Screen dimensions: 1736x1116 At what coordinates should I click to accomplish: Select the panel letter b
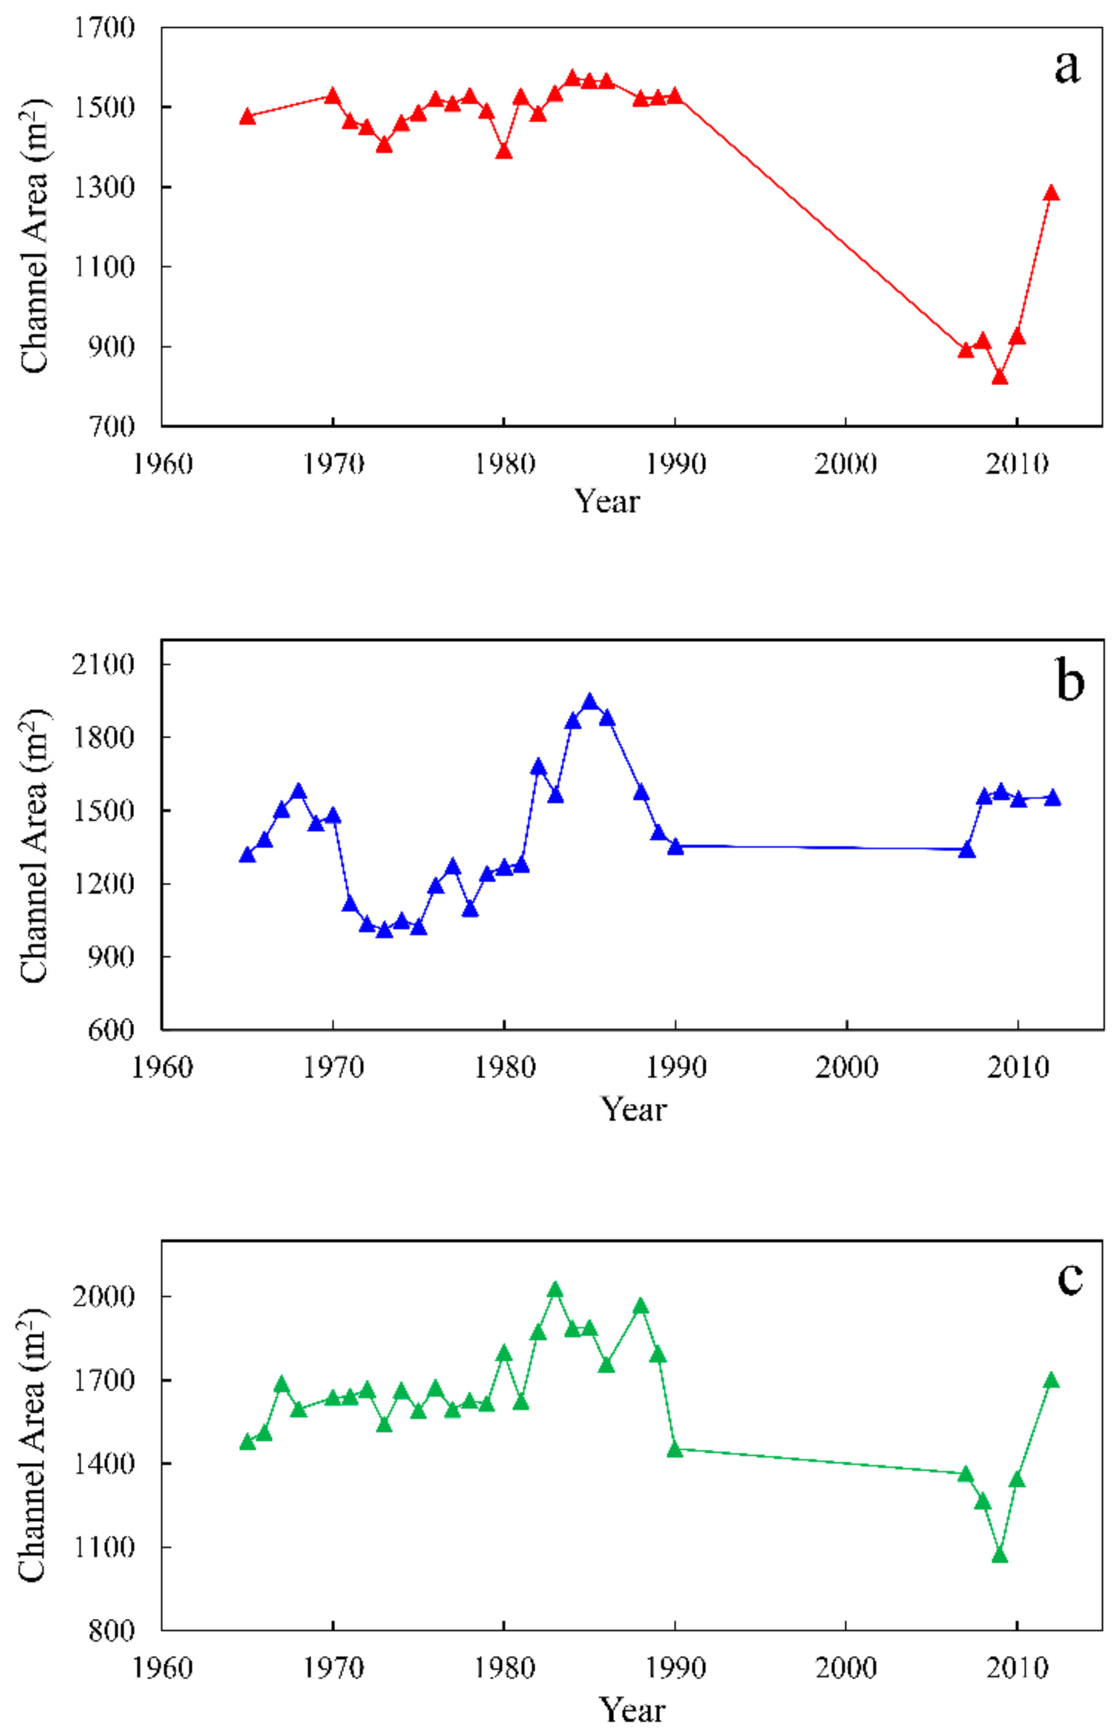tap(1070, 682)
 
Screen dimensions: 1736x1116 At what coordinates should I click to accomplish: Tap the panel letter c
tap(1070, 1279)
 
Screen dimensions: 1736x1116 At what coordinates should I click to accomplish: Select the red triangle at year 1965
tap(247, 117)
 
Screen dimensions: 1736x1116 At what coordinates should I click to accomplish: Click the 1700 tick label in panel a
tap(105, 28)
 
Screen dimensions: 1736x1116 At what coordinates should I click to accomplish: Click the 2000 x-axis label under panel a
tap(846, 463)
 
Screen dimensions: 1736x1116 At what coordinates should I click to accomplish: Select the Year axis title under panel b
tap(633, 1110)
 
